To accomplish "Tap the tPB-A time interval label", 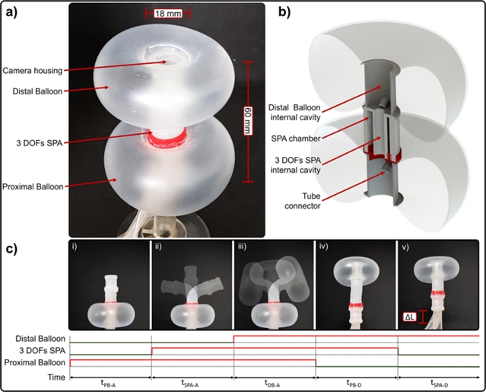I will (x=110, y=382).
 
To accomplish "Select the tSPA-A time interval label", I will (x=192, y=382).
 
